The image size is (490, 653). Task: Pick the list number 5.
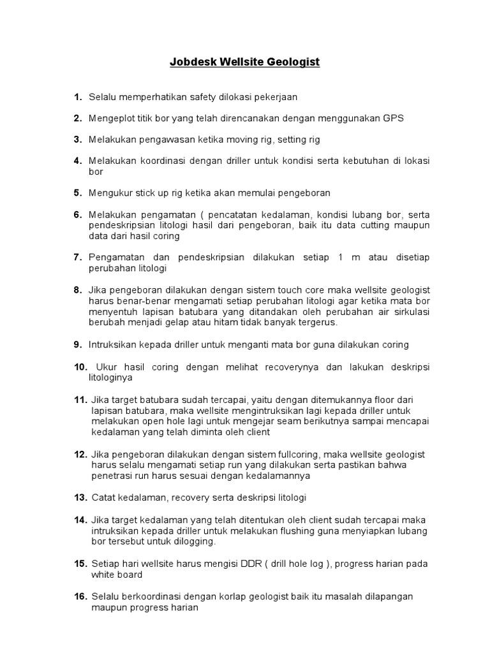[78, 193]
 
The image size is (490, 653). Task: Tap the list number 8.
[78, 290]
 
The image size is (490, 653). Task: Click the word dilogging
[195, 541]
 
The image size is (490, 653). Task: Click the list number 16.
[80, 596]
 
